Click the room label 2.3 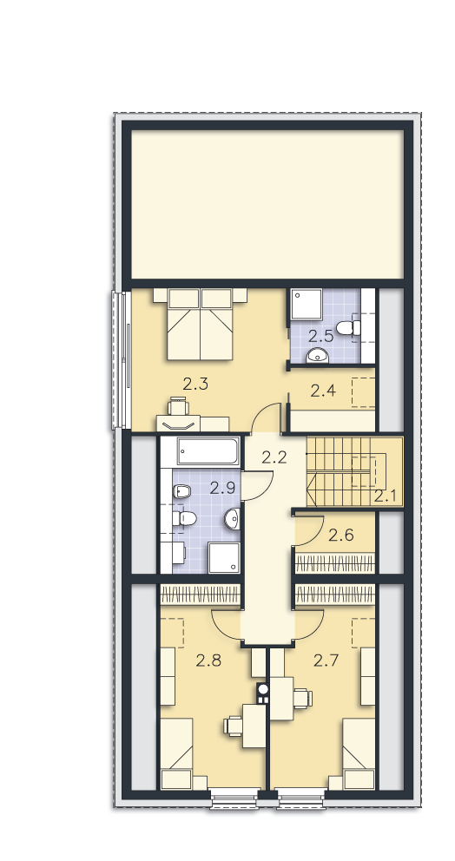195,384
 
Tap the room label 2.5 321,336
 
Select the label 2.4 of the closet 323,391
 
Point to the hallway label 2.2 274,457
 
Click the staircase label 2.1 386,496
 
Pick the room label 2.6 340,535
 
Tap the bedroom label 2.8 208,660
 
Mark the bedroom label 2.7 326,660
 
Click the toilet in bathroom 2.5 348,328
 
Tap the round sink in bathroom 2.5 318,355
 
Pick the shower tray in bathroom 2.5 306,304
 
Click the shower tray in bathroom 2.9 224,558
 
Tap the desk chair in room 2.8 233,726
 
